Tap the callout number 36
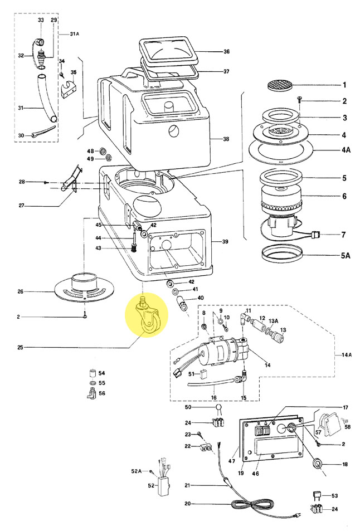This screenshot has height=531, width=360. [x=226, y=51]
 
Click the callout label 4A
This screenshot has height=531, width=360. [x=346, y=150]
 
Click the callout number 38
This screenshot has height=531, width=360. [x=226, y=139]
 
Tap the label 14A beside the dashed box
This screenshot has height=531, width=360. [x=347, y=355]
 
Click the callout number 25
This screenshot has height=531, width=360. [x=20, y=348]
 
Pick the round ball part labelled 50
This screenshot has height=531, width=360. [x=219, y=407]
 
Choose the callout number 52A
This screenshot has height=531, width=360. [x=136, y=471]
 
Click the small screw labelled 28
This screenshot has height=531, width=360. [x=46, y=182]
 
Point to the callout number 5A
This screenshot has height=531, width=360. [x=346, y=255]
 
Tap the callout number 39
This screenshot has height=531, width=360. [x=225, y=241]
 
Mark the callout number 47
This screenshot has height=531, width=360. [x=232, y=461]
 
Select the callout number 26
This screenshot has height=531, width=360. [x=20, y=291]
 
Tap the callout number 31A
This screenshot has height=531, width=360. [x=74, y=34]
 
